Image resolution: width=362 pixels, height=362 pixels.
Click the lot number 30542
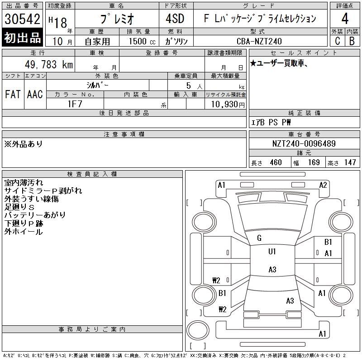22,19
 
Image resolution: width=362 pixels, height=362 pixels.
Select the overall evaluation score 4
345,19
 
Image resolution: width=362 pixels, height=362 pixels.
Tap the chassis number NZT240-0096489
304,143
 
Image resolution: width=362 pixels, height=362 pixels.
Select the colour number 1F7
75,104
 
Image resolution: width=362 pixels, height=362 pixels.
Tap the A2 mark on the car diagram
323,185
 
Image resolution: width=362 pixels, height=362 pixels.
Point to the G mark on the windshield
259,238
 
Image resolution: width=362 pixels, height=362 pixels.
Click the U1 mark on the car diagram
272,252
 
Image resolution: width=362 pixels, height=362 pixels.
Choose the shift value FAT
13,94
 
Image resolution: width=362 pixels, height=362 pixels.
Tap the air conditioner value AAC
35,94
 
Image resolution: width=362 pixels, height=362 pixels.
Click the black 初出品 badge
22,38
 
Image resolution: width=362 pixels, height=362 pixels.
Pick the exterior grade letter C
337,41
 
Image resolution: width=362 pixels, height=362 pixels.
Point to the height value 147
350,162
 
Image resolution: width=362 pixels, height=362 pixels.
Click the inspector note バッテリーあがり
35,215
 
